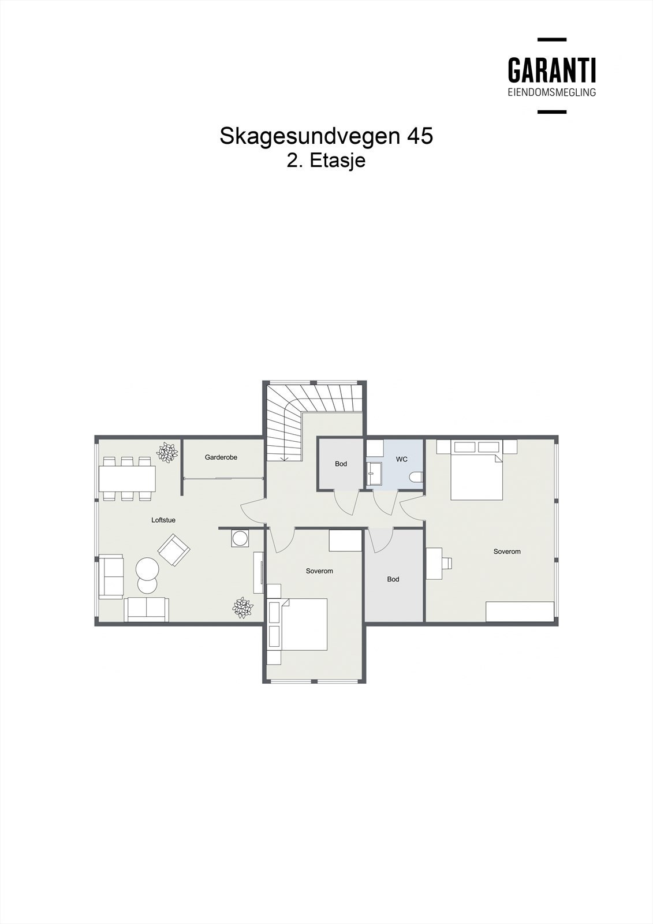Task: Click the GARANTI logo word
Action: [x=551, y=70]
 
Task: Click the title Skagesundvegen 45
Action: [x=326, y=136]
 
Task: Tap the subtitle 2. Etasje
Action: [x=326, y=161]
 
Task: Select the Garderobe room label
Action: [x=221, y=457]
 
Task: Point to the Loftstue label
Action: [x=163, y=520]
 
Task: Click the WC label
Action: [x=401, y=459]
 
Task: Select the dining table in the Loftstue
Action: [x=127, y=478]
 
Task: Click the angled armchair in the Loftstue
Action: [x=174, y=550]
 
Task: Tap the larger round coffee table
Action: [x=147, y=568]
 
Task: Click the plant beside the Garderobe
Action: [x=167, y=452]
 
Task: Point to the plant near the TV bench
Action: [x=242, y=608]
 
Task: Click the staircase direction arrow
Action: [x=284, y=457]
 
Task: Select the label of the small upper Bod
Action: [x=341, y=464]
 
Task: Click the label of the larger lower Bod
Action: [x=393, y=579]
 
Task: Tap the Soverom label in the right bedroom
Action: [x=507, y=552]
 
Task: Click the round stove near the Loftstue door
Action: [x=239, y=538]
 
